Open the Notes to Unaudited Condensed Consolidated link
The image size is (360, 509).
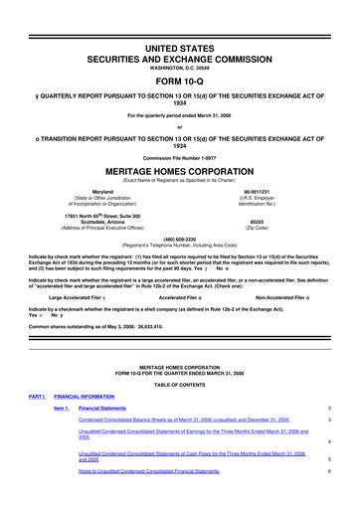149,471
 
